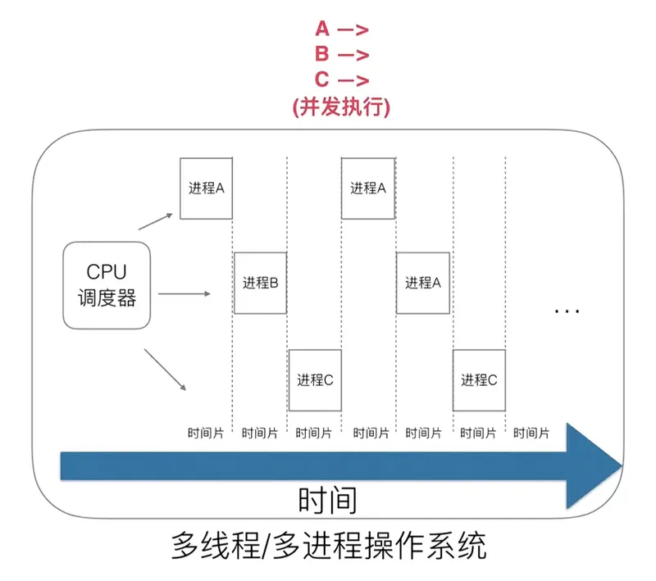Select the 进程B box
(260, 283)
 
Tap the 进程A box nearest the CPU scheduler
(206, 188)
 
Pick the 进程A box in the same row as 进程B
(423, 283)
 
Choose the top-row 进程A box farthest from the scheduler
(368, 188)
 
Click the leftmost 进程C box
(315, 379)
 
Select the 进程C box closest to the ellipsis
(479, 379)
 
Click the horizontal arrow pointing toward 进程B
(185, 293)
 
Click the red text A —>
(341, 30)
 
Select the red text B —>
(341, 56)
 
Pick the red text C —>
(341, 81)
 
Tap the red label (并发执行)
(341, 107)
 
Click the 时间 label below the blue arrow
(328, 500)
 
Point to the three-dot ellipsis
(567, 311)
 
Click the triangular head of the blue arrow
(595, 467)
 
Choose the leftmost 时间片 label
(205, 432)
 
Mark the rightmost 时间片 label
(533, 432)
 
